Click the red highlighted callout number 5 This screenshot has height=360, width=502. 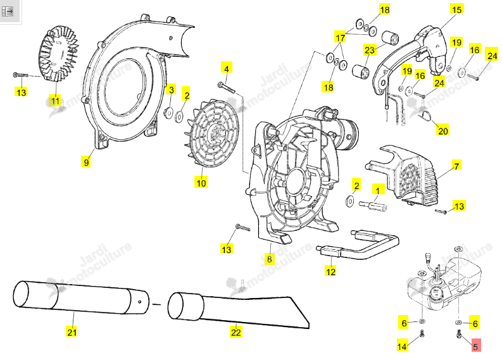coord(476,345)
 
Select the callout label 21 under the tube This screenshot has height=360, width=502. coord(72,332)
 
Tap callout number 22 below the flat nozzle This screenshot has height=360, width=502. coord(236,332)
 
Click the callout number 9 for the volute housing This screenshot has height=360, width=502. coord(86,161)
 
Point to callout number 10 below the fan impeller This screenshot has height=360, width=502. coord(201,182)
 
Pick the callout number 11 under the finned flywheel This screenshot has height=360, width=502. coord(55,101)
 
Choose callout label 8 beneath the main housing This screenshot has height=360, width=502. coord(270,259)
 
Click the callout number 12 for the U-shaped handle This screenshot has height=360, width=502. coord(330,271)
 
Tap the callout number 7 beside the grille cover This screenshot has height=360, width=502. coord(457,166)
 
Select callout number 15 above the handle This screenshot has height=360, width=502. coord(457,9)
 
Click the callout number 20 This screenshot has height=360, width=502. coord(442,130)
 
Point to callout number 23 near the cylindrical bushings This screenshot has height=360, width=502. coord(370,49)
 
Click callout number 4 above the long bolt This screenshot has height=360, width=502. coord(227,68)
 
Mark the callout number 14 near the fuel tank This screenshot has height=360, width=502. coord(402,345)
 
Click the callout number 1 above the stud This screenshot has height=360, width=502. coord(378,190)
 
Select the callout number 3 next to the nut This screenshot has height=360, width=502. coord(172,89)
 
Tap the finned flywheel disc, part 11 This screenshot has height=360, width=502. coord(61,53)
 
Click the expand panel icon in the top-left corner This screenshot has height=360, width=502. coord(8,12)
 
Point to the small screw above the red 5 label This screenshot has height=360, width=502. coord(458,334)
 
